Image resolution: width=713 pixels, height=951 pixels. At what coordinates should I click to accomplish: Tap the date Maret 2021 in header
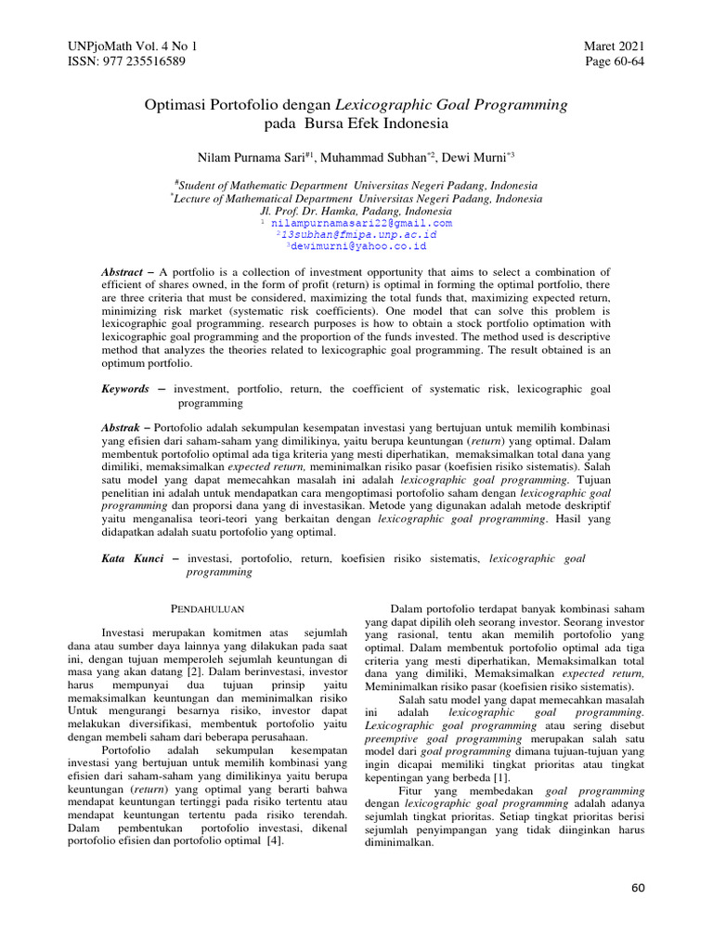click(614, 46)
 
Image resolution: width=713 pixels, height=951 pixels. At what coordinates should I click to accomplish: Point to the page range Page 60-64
click(615, 61)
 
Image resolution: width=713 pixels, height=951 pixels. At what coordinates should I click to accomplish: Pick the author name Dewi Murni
click(477, 158)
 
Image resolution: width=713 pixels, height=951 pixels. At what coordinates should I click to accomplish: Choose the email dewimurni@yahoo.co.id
click(357, 247)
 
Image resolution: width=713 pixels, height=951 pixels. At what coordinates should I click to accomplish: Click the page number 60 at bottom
click(637, 888)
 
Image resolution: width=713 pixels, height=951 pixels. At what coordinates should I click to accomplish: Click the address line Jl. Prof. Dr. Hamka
click(356, 211)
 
